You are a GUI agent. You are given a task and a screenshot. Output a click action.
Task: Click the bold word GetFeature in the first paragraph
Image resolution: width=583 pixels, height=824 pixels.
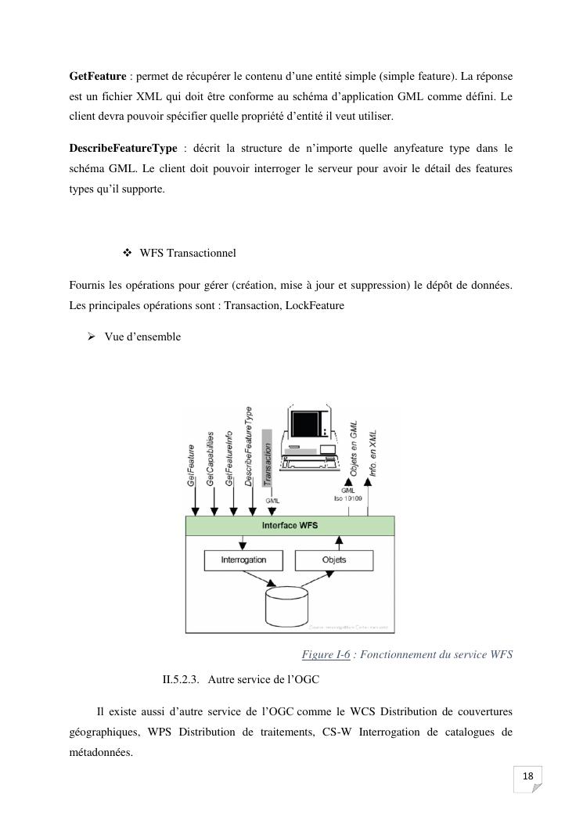[98, 76]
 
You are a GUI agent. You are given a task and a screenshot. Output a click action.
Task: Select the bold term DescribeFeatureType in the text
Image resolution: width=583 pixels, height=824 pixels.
[123, 149]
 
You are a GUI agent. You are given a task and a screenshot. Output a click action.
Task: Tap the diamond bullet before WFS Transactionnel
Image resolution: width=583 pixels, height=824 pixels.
[128, 254]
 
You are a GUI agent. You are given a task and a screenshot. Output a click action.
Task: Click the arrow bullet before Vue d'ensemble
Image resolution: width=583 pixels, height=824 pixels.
[91, 336]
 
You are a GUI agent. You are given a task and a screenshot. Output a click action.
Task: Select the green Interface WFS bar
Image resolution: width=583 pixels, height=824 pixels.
[290, 526]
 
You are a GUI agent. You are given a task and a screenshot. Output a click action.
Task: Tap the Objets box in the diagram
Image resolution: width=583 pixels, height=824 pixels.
[334, 560]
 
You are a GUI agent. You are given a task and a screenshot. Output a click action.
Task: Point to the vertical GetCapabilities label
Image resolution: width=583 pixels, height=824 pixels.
[211, 458]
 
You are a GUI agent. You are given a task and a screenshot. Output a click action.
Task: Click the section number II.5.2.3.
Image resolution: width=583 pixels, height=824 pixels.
[182, 680]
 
